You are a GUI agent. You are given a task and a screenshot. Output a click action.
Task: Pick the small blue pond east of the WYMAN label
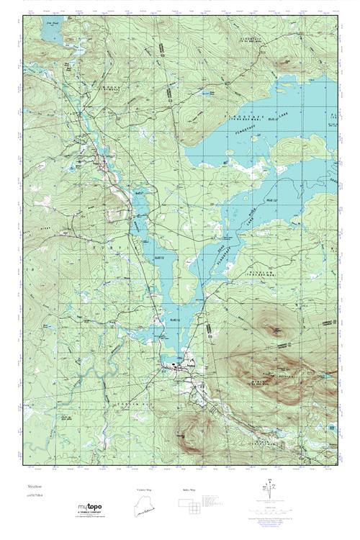click(325, 376)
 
